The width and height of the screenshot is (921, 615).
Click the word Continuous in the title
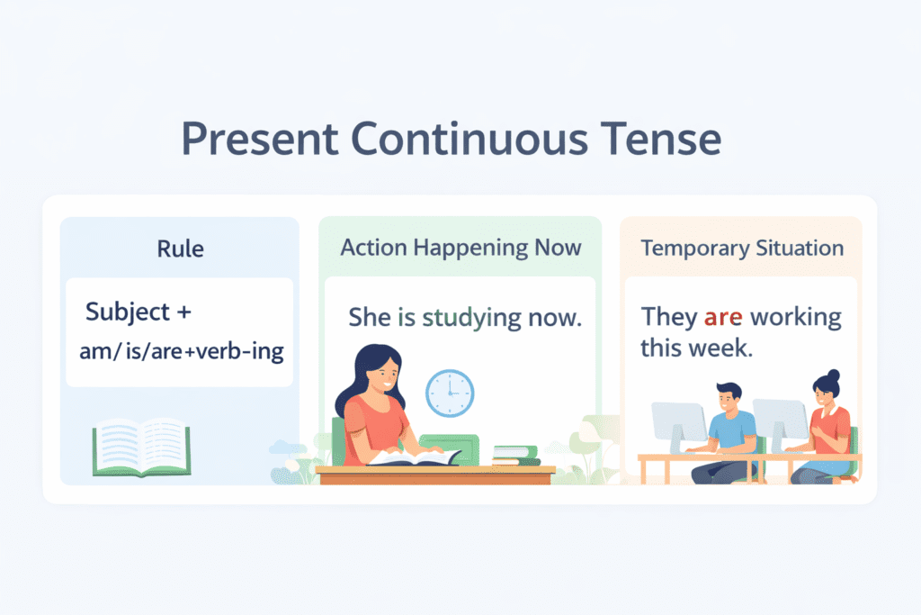[469, 139]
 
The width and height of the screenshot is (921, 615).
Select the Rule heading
[180, 249]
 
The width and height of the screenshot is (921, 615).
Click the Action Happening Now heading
[461, 249]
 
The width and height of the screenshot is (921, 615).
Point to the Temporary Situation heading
[742, 249]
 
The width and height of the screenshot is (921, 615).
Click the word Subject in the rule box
[128, 312]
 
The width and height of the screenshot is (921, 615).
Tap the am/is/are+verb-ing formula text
[182, 351]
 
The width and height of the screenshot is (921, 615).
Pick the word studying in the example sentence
[471, 318]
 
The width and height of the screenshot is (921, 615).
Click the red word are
[723, 318]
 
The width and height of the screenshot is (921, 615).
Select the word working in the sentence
[796, 318]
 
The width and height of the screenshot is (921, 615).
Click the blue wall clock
[450, 393]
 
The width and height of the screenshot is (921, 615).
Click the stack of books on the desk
[516, 456]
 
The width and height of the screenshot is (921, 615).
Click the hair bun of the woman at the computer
[833, 375]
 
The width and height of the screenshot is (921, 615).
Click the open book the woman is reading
[415, 457]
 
